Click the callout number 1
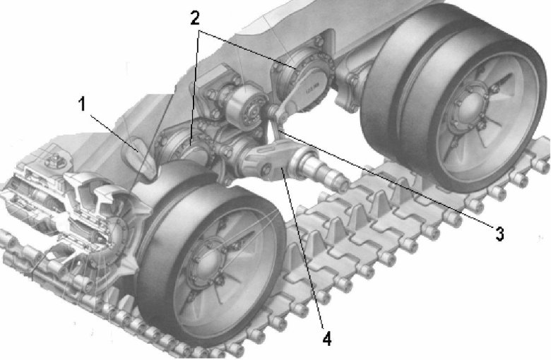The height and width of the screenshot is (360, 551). pyautogui.click(x=82, y=104)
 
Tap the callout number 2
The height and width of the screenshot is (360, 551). pyautogui.click(x=195, y=18)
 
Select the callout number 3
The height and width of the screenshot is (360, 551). pyautogui.click(x=499, y=234)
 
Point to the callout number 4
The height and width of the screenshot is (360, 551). pyautogui.click(x=327, y=340)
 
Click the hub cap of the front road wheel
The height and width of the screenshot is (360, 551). pyautogui.click(x=207, y=263)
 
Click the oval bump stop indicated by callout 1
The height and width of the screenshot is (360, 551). pyautogui.click(x=138, y=157)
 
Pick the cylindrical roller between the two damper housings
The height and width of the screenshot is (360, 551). pyautogui.click(x=244, y=106)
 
